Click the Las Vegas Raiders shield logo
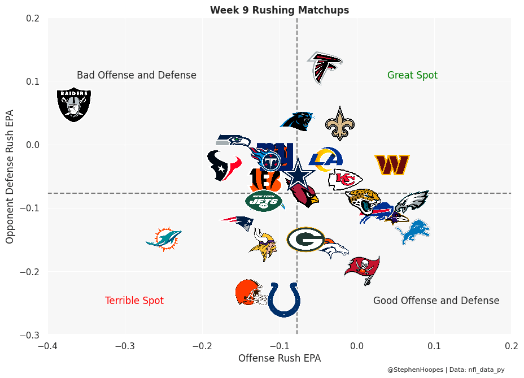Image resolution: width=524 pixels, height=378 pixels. pyautogui.click(x=74, y=104)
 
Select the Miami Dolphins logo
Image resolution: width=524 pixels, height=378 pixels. pyautogui.click(x=164, y=240)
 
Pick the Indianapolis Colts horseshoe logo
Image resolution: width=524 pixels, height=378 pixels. pyautogui.click(x=283, y=299)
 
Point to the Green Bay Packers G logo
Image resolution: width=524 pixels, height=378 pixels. pyautogui.click(x=305, y=239)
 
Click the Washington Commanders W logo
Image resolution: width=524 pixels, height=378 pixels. pyautogui.click(x=391, y=164)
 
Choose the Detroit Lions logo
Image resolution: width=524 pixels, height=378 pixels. pyautogui.click(x=413, y=232)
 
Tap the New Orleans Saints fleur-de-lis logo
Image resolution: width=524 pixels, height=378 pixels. pyautogui.click(x=339, y=124)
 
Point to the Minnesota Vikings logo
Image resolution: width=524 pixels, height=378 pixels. pyautogui.click(x=263, y=244)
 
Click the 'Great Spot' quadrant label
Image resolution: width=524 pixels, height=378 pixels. pyautogui.click(x=412, y=75)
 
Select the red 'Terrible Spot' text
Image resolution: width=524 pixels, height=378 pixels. pyautogui.click(x=134, y=301)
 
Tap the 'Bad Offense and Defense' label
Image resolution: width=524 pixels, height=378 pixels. pyautogui.click(x=137, y=75)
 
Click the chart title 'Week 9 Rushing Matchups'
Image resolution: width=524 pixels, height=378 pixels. pyautogui.click(x=280, y=10)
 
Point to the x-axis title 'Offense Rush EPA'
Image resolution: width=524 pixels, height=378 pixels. pyautogui.click(x=280, y=358)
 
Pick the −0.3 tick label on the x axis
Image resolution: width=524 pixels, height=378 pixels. pyautogui.click(x=125, y=346)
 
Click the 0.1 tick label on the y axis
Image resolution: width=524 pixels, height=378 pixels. pyautogui.click(x=32, y=81)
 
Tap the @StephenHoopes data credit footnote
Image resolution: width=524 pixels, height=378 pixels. pyautogui.click(x=446, y=370)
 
